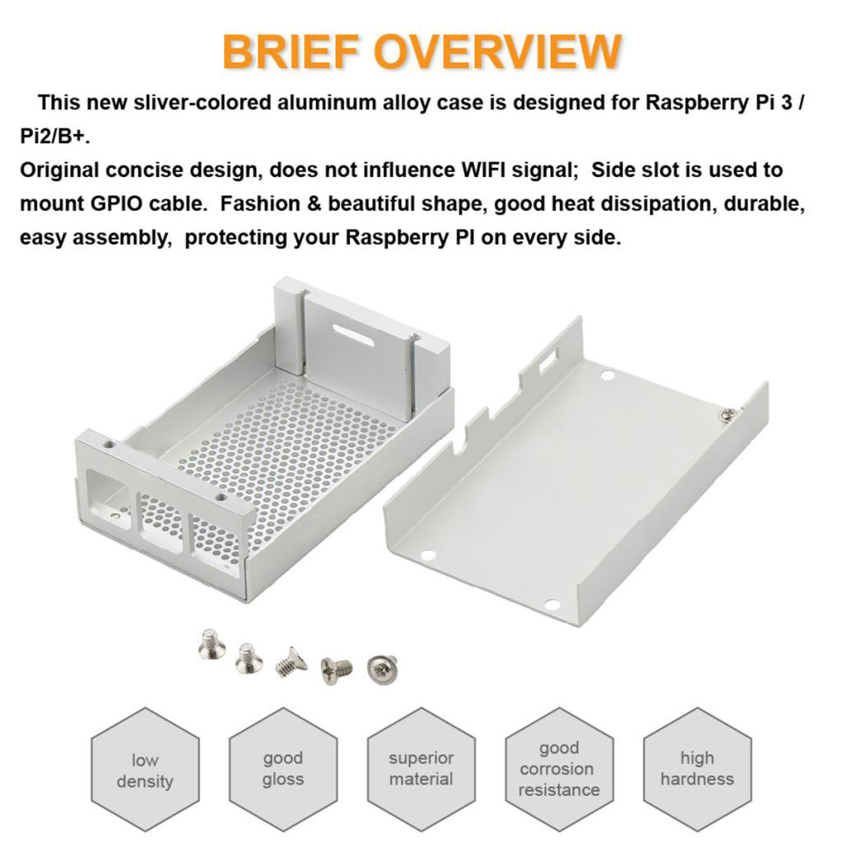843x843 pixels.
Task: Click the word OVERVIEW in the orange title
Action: pos(497,52)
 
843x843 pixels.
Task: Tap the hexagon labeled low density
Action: pos(145,770)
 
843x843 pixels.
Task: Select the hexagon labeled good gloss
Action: pos(283,769)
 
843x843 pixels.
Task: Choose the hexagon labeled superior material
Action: pos(421,769)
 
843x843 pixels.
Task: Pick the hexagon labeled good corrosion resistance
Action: pos(560,769)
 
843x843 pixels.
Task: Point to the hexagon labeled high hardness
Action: pos(697,769)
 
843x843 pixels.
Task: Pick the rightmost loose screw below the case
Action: pos(382,667)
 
